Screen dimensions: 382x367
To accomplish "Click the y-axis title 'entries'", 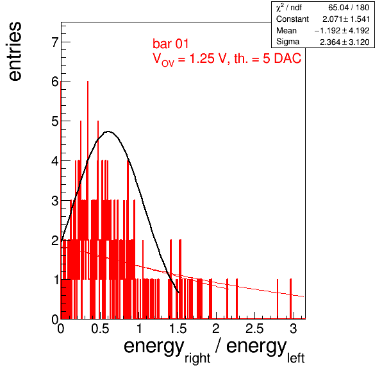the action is [15, 51].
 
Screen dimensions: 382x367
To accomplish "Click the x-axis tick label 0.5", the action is [100, 329].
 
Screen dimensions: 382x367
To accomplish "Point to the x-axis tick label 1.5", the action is [178, 329].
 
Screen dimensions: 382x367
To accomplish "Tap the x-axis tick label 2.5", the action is [254, 329].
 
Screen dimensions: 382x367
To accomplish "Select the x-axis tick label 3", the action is [294, 329].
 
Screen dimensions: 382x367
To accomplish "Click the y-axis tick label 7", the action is [55, 42].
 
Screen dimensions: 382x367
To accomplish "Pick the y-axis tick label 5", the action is [55, 121].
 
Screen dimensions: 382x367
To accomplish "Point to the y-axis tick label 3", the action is [55, 201].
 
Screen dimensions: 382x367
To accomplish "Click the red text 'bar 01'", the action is [170, 44].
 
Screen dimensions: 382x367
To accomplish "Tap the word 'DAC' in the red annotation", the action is [288, 58].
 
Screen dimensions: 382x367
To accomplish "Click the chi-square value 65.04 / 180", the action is [349, 8].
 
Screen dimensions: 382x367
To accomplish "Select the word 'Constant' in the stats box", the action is [292, 19].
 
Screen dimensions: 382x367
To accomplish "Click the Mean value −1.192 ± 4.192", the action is [342, 31].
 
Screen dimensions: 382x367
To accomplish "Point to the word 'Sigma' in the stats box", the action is [288, 42].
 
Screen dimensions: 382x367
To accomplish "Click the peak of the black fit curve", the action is [108, 132].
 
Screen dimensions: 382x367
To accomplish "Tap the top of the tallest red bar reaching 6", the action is [88, 81].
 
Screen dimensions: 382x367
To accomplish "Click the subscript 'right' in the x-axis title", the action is [197, 358].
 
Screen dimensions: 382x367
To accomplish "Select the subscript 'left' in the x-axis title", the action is [296, 358].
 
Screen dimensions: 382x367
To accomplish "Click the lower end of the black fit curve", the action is [179, 293].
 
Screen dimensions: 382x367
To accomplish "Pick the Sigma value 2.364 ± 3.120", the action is [344, 42].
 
